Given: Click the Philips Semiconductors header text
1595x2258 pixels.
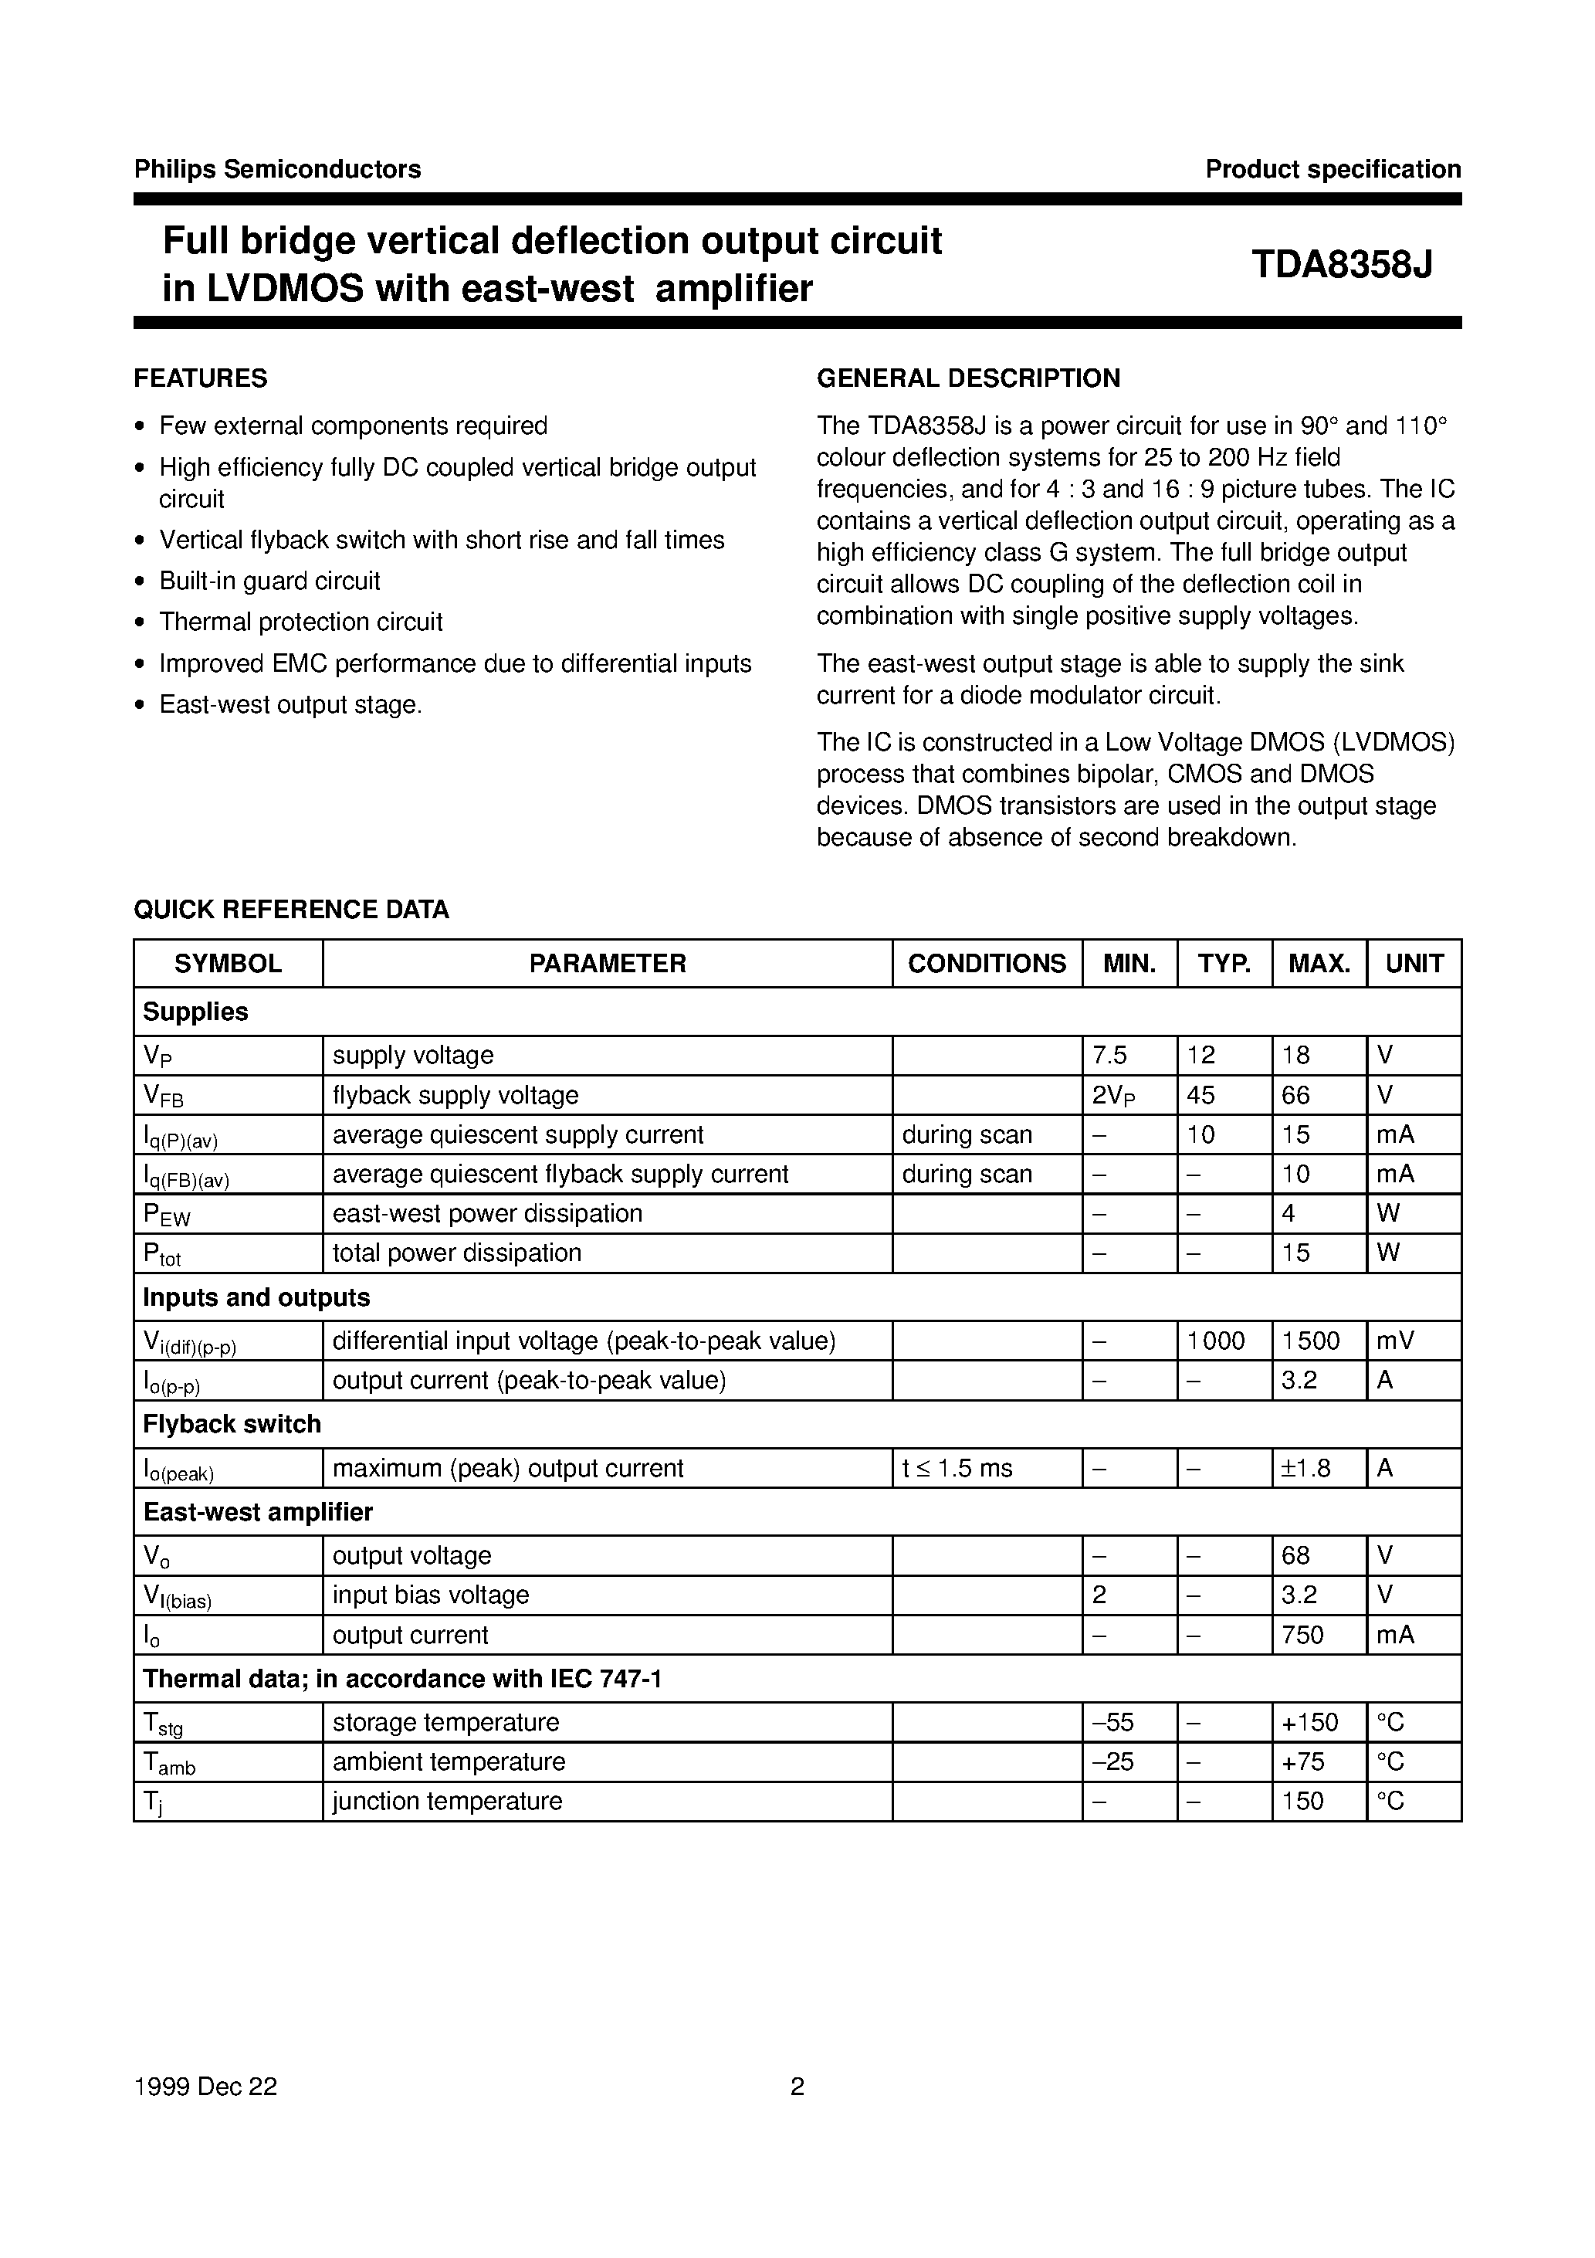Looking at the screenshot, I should pos(277,169).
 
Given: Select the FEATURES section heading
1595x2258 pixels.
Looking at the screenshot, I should pos(201,378).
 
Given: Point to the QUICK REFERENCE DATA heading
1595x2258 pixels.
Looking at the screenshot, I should pos(291,910).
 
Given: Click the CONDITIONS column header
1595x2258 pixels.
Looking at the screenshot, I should pos(987,964).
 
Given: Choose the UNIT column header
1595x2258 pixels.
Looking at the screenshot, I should pos(1414,964).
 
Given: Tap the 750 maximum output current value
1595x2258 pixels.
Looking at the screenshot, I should pos(1303,1635).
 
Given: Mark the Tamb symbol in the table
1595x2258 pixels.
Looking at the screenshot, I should pos(169,1763).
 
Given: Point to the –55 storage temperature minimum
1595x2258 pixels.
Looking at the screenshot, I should pos(1113,1722).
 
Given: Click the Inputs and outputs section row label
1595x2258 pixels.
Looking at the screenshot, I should pos(256,1298).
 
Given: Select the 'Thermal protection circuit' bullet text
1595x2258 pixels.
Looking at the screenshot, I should pos(301,622).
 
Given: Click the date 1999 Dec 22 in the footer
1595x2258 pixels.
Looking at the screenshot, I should pos(205,2087).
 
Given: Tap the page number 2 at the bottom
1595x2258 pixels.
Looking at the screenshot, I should pos(797,2087).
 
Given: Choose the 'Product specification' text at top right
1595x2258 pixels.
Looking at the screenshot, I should pos(1333,169).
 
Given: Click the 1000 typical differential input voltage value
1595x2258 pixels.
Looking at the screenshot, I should pos(1217,1341).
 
